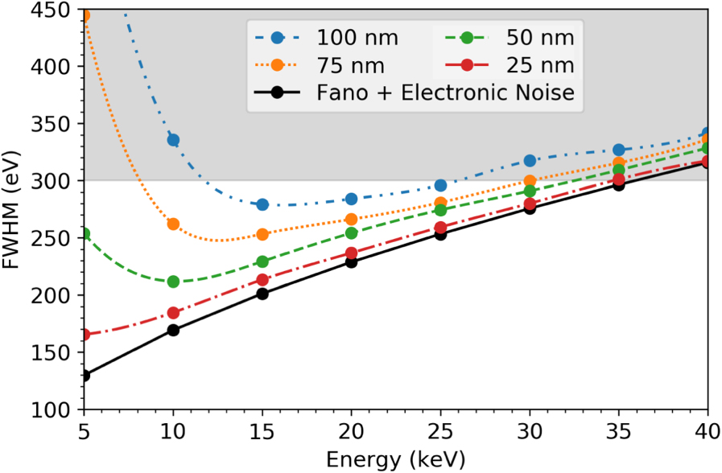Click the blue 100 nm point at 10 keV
pyautogui.click(x=173, y=140)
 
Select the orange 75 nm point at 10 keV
pyautogui.click(x=173, y=224)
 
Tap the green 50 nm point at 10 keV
pyautogui.click(x=173, y=282)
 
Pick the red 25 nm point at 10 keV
pyautogui.click(x=173, y=313)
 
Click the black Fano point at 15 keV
pyautogui.click(x=262, y=294)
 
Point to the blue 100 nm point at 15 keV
pyautogui.click(x=262, y=204)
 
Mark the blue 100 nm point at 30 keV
pyautogui.click(x=530, y=161)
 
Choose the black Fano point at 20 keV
pyautogui.click(x=351, y=261)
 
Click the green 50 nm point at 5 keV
pyautogui.click(x=85, y=233)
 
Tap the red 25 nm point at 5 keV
pyautogui.click(x=85, y=335)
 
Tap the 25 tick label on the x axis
pyautogui.click(x=440, y=430)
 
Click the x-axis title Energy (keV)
pyautogui.click(x=395, y=459)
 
